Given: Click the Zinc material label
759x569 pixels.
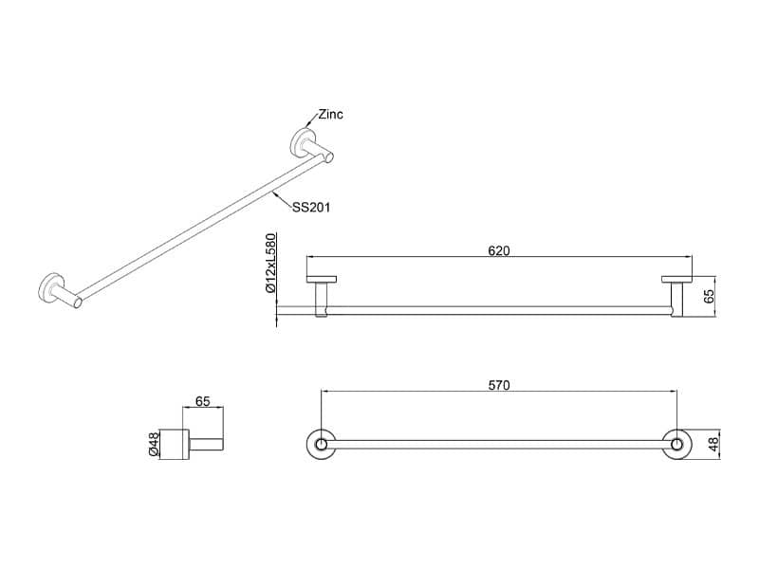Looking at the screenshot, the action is pyautogui.click(x=330, y=115).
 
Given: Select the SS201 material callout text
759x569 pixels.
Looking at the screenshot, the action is pyautogui.click(x=311, y=208).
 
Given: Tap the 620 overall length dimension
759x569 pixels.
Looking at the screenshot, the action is pyautogui.click(x=499, y=250).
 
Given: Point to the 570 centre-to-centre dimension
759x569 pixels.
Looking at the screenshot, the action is pyautogui.click(x=499, y=385).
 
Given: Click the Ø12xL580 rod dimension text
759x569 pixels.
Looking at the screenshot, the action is pyautogui.click(x=270, y=263).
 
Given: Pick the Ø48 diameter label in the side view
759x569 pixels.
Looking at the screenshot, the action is pyautogui.click(x=154, y=444).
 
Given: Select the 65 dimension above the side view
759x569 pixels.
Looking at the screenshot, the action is pyautogui.click(x=203, y=401).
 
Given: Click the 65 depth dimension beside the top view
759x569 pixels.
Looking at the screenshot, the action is pyautogui.click(x=708, y=296).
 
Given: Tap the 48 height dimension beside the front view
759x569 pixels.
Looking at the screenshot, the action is pyautogui.click(x=713, y=444).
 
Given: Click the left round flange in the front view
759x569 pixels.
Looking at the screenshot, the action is pyautogui.click(x=321, y=444).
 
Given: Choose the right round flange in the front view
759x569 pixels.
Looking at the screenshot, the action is pyautogui.click(x=676, y=444).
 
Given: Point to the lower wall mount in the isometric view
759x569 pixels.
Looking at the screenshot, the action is pyautogui.click(x=60, y=291).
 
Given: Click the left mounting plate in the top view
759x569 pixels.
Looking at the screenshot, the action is pyautogui.click(x=322, y=279).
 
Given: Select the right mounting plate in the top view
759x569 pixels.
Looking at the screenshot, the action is pyautogui.click(x=677, y=279).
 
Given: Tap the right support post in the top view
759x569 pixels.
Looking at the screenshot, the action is pyautogui.click(x=676, y=300).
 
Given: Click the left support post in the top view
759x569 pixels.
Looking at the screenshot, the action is pyautogui.click(x=322, y=300).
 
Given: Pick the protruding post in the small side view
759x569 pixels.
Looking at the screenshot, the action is pyautogui.click(x=206, y=444).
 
